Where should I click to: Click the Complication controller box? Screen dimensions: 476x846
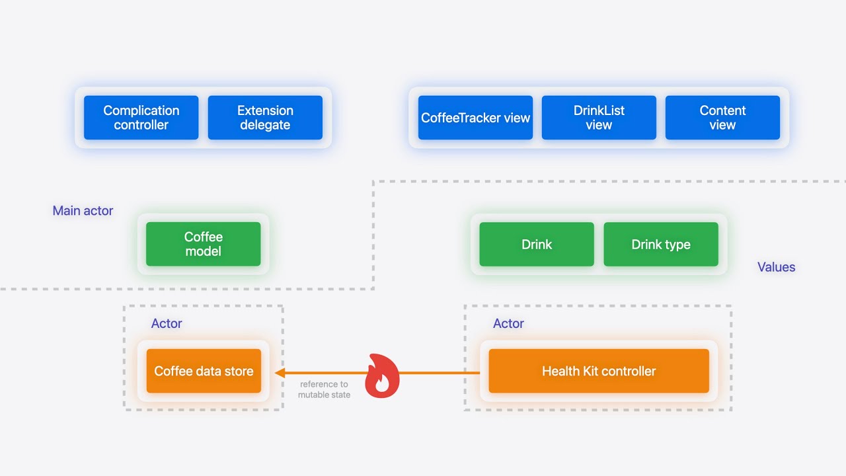click(x=141, y=118)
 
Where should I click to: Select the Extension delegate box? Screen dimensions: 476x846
click(x=265, y=118)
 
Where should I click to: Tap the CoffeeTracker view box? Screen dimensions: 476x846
click(x=475, y=118)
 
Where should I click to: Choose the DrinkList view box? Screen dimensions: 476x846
click(x=599, y=118)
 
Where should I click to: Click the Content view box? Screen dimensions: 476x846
click(x=722, y=118)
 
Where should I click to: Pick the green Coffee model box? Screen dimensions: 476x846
click(x=203, y=244)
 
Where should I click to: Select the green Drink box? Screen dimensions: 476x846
click(x=536, y=244)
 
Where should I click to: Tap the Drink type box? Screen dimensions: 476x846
click(x=660, y=244)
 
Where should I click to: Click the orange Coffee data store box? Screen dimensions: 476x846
click(x=204, y=371)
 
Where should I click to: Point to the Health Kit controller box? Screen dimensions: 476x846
click(x=598, y=371)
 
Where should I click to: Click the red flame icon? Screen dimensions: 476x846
click(x=382, y=377)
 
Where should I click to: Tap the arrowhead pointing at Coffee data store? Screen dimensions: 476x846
click(x=280, y=373)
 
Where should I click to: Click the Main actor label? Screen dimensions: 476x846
click(x=83, y=211)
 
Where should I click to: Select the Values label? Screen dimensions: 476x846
click(x=776, y=267)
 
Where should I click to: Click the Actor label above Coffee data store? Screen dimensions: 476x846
click(x=167, y=323)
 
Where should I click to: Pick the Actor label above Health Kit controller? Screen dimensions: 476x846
click(x=508, y=323)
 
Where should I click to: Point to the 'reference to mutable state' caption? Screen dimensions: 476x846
click(x=324, y=389)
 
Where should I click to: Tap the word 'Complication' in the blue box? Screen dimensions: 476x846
click(x=141, y=110)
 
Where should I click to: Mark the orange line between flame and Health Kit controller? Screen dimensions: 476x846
click(x=440, y=373)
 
